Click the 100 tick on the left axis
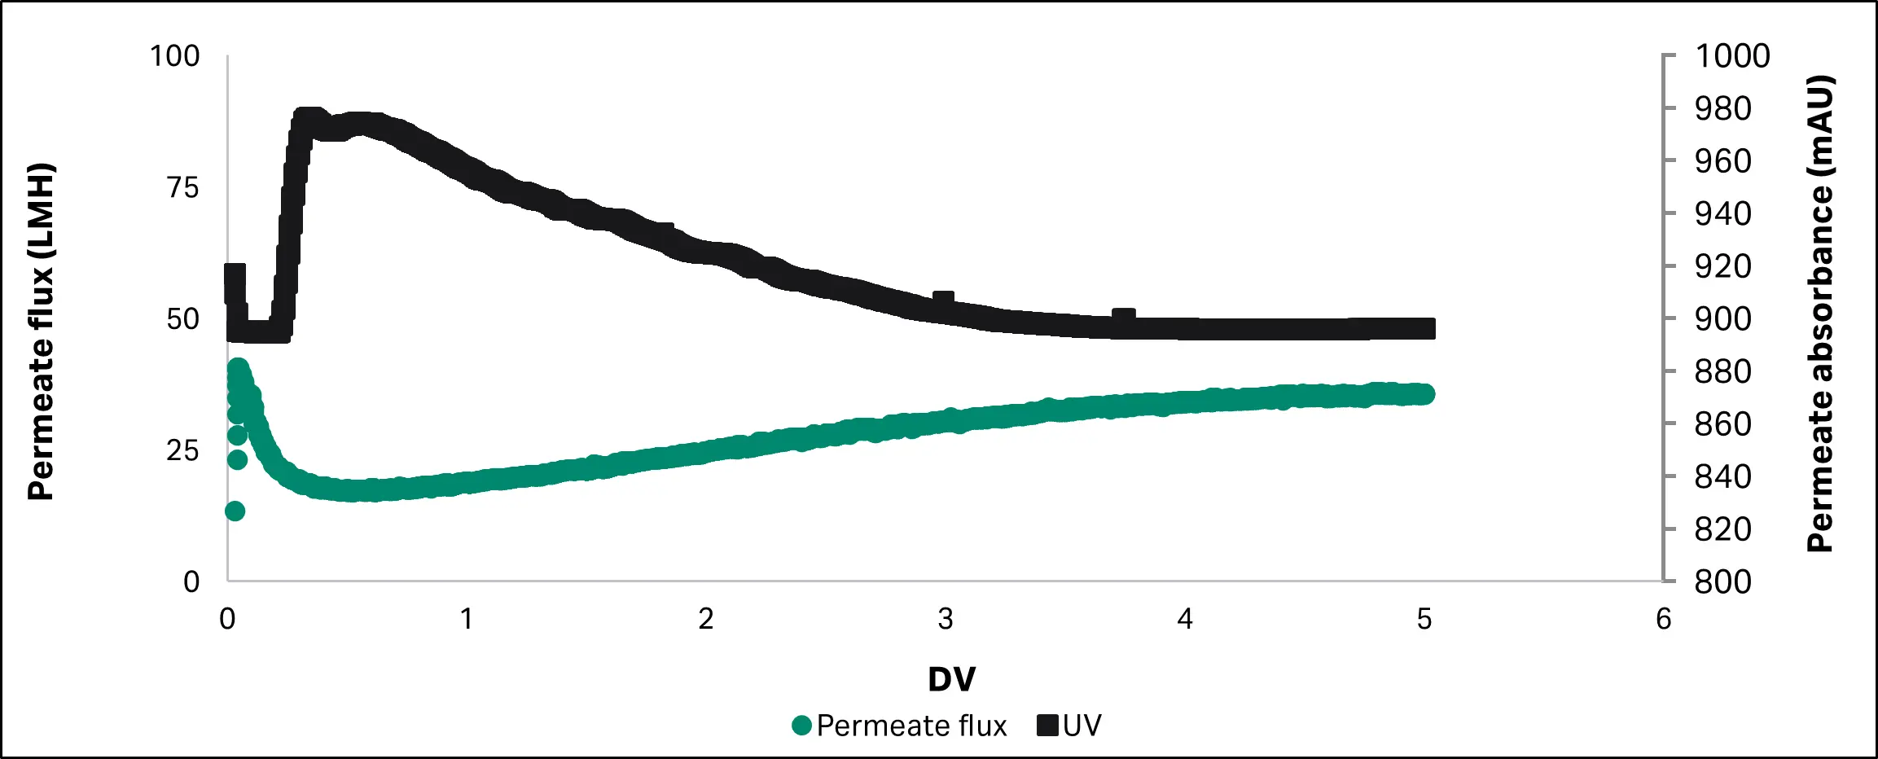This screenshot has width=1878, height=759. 175,56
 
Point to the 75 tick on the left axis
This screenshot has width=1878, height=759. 182,188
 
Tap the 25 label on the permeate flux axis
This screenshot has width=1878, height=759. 182,450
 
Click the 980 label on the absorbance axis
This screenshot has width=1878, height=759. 1722,109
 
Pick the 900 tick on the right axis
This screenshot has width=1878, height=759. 1722,319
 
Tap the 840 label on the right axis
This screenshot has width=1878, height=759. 1722,477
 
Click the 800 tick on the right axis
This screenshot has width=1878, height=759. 1722,582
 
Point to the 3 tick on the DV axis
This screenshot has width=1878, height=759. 945,620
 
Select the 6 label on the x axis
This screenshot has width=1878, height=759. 1663,620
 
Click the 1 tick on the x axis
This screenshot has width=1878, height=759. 467,620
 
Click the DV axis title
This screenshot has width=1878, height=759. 951,679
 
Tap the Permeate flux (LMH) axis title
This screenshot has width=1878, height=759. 41,331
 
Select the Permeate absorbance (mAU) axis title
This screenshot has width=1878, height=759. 1819,314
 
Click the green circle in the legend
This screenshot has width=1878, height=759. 802,726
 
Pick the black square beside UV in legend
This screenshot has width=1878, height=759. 1047,726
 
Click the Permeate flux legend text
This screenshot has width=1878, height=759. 911,726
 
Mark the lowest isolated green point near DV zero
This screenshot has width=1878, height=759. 235,511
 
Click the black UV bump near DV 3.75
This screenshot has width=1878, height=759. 1124,317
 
